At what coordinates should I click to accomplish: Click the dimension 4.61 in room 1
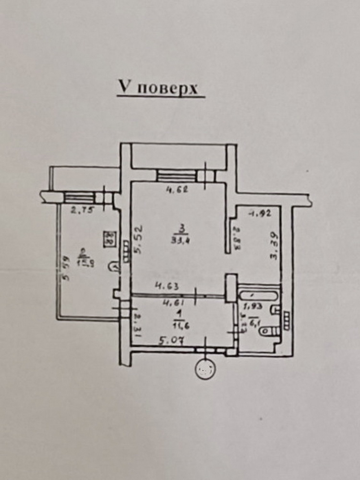click(171, 303)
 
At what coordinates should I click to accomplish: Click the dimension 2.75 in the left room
click(80, 209)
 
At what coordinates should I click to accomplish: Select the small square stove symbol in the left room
click(110, 238)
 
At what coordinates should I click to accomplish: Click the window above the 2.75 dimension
click(79, 196)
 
